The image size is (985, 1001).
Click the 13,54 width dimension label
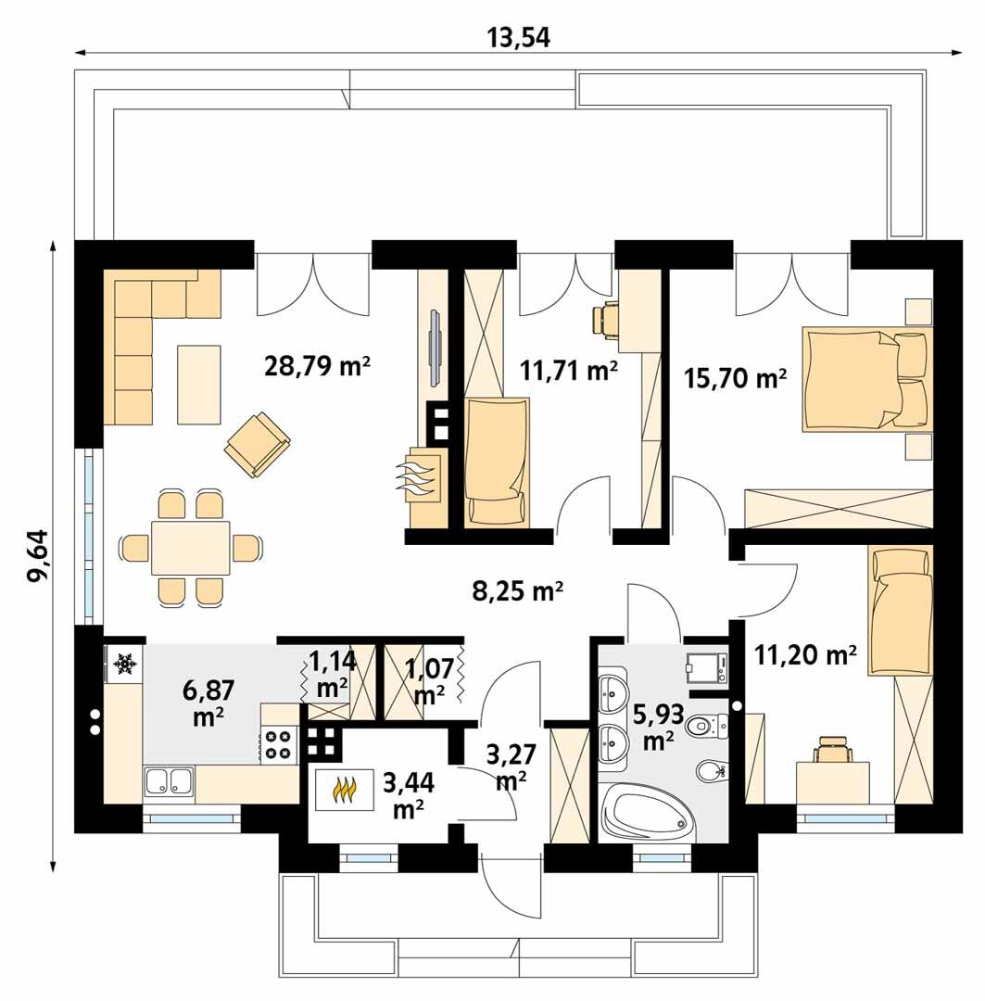coord(518,38)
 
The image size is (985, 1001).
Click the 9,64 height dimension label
coord(38,555)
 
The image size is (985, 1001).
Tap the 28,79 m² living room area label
coord(317,366)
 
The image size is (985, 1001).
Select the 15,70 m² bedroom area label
coord(735,378)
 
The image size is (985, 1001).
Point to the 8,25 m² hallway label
coord(517,591)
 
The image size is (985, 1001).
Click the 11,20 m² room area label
coord(805,653)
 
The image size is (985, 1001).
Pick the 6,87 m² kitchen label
coord(208,703)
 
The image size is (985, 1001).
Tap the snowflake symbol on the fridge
coord(125,665)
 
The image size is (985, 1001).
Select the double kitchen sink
coord(169,781)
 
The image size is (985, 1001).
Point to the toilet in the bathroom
coord(707,725)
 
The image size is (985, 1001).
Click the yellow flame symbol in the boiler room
coord(344,791)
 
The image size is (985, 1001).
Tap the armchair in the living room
coord(258,444)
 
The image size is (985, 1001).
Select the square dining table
coord(190,547)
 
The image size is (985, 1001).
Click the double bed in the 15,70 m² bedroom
coord(867,379)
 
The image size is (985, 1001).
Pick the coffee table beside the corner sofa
coord(198,385)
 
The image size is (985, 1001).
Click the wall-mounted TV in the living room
coord(435,348)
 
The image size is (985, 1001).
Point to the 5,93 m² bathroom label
coord(658,727)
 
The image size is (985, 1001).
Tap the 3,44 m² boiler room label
coord(409,794)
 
